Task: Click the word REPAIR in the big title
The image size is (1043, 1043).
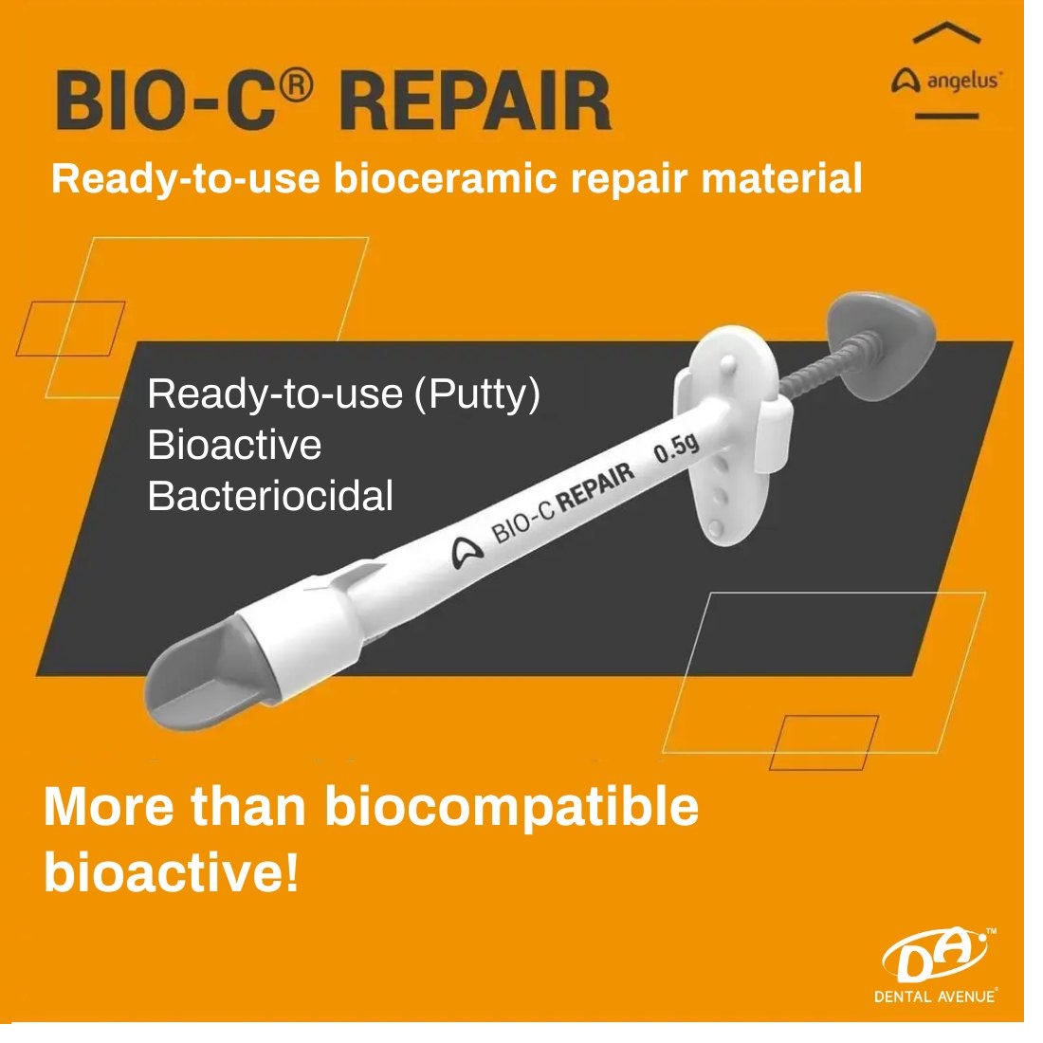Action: tap(475, 101)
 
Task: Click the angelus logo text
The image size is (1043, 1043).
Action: tap(964, 82)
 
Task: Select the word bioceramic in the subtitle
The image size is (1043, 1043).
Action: tap(445, 178)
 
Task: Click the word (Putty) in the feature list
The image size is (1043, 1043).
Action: tap(477, 394)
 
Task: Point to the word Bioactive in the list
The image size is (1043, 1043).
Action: tap(234, 445)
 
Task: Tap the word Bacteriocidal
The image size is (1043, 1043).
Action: tap(270, 496)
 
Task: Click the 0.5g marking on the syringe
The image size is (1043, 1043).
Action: tap(676, 448)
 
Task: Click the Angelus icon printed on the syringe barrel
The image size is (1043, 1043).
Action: tap(467, 552)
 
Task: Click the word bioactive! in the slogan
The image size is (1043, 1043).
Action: tap(171, 872)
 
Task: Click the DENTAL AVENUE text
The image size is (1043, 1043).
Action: tap(936, 997)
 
